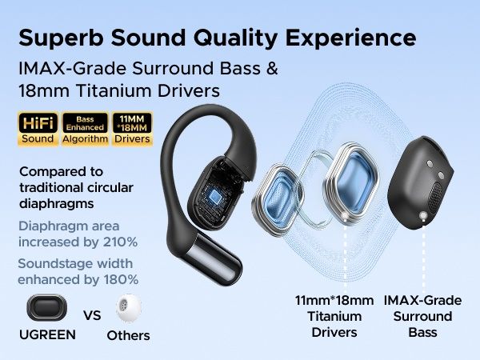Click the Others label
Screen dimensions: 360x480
coord(128,335)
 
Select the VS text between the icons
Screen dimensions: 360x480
coord(92,314)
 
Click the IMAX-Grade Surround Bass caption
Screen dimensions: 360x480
coord(422,315)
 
